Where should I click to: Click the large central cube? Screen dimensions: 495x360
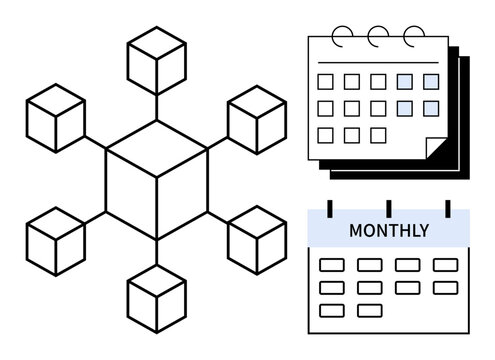(157, 180)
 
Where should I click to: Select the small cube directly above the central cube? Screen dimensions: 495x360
(157, 58)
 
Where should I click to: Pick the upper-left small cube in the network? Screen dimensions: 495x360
(56, 117)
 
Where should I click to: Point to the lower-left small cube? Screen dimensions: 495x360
(56, 241)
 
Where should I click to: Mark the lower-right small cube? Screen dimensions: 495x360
(257, 240)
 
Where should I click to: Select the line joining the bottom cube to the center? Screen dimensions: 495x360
(157, 253)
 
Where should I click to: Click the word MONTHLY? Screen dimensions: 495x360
(389, 231)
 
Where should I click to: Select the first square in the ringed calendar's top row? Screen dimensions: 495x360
(326, 81)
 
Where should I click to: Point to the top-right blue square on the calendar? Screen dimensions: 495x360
(431, 81)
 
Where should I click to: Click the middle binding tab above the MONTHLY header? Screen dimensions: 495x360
(389, 210)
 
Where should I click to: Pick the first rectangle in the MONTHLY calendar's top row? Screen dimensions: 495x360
(330, 265)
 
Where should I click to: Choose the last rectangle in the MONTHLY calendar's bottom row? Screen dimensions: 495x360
(369, 309)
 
